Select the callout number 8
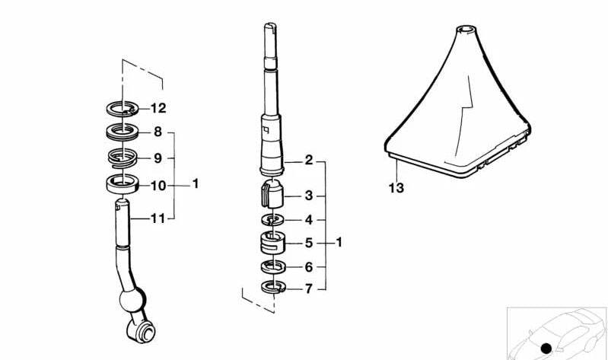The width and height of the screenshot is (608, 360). coord(158,132)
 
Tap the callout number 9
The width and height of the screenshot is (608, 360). coord(158,158)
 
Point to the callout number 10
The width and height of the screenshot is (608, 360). coord(158,185)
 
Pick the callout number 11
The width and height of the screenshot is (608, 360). coord(158,218)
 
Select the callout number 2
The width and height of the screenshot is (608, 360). coord(308,161)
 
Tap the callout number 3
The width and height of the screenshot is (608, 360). coord(308,196)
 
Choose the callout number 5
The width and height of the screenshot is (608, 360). coord(308,244)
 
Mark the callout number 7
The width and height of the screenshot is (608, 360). coord(308,289)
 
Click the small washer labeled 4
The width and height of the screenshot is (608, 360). coord(272,220)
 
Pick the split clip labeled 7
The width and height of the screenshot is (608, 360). coord(272,287)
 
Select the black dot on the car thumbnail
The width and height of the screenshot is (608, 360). coord(546,349)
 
